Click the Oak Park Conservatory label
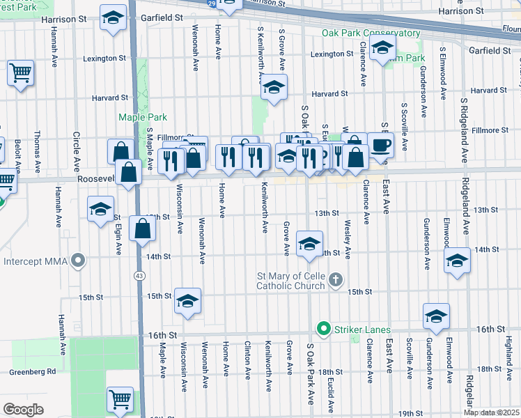371,33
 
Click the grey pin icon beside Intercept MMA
79,262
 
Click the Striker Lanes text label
361,329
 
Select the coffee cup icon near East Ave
380,145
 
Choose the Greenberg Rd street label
32,371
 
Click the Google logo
23,410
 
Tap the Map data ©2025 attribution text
491,412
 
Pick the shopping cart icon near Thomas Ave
21,72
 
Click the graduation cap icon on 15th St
187,301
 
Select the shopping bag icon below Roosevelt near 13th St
142,229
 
